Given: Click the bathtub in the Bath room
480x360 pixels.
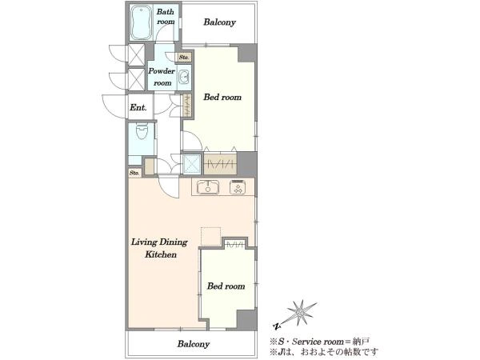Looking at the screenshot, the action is [141, 22].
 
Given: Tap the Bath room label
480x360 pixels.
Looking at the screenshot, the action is [166, 17].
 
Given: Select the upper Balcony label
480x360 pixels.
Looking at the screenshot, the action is [219, 22].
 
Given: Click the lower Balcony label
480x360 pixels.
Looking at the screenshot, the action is [193, 344].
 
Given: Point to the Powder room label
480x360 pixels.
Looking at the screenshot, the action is [162, 77].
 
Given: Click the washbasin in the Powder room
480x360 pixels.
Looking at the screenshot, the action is [184, 77].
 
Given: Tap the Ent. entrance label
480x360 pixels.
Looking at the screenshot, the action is [138, 107].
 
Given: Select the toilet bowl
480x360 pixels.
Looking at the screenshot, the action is [142, 130].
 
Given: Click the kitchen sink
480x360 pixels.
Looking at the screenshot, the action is [208, 187].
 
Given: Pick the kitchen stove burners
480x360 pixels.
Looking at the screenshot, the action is [238, 187].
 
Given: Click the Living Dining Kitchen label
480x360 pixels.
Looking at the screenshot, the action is [159, 248].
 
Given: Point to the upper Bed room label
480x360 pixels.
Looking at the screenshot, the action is [222, 97].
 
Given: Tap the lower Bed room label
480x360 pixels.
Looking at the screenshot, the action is [226, 286].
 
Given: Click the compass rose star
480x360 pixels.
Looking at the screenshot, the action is [301, 312].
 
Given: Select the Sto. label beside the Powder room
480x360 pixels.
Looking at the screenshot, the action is [184, 58].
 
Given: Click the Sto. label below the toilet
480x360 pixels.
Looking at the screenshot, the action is [134, 173].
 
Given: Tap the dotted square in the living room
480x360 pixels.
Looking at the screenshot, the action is [210, 236].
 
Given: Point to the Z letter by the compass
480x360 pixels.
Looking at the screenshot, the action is [277, 326].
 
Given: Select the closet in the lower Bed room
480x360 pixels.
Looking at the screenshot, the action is [234, 244].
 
